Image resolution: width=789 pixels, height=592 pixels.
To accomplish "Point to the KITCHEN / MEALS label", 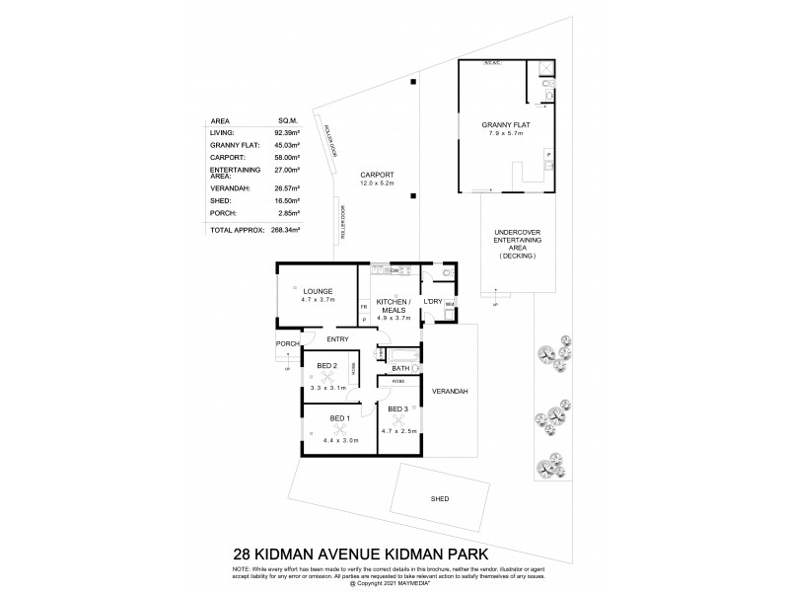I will click(x=394, y=306).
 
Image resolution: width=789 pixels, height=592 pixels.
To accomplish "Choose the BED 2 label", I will click(x=327, y=367).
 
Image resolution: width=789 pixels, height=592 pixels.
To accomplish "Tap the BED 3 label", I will click(x=398, y=409).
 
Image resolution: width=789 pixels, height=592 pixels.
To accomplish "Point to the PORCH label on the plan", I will click(x=287, y=343).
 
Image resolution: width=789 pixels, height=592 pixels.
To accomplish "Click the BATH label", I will click(x=402, y=368).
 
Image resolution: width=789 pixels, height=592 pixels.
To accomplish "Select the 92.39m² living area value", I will click(x=285, y=131).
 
